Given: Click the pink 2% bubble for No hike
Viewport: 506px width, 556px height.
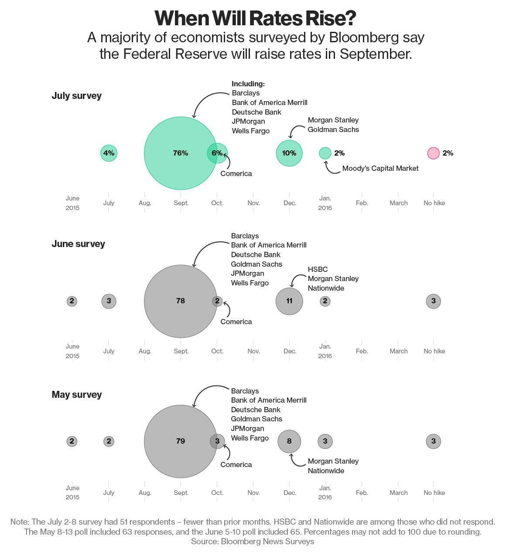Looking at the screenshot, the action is point(433,153).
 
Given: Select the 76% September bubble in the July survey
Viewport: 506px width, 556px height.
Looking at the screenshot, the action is point(181,153).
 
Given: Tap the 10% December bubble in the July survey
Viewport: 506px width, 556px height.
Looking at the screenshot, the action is point(289,153).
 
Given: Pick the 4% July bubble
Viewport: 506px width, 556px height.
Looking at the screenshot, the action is point(109,153).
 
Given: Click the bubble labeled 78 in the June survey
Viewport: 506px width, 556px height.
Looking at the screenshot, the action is point(181,301).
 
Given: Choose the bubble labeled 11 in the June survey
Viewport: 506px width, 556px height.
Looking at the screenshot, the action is point(289,301).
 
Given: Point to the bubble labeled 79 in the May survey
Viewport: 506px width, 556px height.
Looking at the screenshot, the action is point(181,441).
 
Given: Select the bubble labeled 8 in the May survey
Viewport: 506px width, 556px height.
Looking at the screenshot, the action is point(289,441).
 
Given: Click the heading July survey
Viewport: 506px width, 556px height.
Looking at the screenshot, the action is point(77,95).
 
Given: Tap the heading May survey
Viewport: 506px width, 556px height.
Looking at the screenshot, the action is point(77,394).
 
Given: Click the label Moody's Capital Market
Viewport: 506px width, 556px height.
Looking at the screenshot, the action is point(380,168).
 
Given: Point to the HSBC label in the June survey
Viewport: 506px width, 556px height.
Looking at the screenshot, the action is point(318,269).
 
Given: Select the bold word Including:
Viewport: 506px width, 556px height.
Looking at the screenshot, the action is point(248,84).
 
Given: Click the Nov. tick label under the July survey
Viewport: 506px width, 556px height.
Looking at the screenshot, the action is point(253,203).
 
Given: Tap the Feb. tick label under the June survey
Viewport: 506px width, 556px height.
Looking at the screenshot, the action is point(362,351).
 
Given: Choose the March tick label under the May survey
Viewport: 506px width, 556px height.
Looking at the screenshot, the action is point(399,492).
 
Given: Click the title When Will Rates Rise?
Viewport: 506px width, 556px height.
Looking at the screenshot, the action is point(255,18).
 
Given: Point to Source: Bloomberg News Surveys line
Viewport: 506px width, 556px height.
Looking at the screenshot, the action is point(252,541).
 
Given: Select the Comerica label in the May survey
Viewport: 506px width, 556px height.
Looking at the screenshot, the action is point(236,464).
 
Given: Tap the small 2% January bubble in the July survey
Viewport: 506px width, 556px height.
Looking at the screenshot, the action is point(325,153).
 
